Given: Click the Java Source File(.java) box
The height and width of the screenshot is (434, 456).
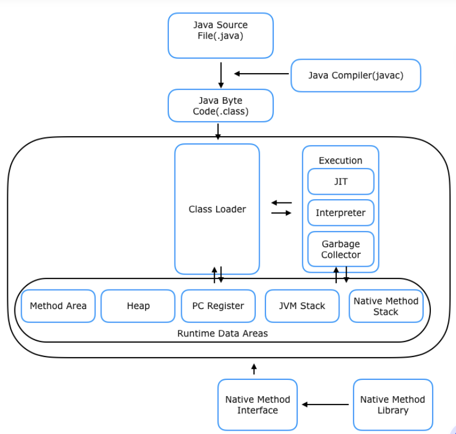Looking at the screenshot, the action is click(x=220, y=36).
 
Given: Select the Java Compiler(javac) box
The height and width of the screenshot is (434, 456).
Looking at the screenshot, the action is click(x=356, y=75).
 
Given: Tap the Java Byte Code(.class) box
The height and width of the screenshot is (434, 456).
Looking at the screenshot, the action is click(x=220, y=105).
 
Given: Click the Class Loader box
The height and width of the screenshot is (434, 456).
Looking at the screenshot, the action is click(x=217, y=209).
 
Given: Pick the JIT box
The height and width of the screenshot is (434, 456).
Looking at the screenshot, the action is click(x=341, y=182).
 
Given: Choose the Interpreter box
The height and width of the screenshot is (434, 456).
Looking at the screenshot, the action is click(x=341, y=213).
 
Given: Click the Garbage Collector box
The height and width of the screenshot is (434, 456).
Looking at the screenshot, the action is click(x=341, y=249).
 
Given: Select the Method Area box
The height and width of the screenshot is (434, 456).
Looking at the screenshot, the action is click(x=58, y=306).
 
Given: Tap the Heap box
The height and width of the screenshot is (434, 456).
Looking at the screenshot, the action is click(x=138, y=306).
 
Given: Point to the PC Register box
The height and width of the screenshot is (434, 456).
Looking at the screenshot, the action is click(x=218, y=306).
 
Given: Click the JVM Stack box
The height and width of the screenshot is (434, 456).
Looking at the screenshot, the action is click(x=302, y=306).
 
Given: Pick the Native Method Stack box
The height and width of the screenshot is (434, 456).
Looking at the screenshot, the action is click(x=386, y=306).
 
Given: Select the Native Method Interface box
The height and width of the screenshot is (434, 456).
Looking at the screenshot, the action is click(x=258, y=404).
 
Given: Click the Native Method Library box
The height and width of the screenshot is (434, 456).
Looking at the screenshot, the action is click(x=393, y=404).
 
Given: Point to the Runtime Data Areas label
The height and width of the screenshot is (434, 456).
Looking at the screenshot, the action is click(x=222, y=333).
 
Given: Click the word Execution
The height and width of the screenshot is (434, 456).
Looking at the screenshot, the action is click(x=341, y=161).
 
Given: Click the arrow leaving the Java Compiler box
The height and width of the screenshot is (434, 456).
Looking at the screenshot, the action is click(x=261, y=74).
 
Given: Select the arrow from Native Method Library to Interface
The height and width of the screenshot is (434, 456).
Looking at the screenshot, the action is click(x=325, y=404).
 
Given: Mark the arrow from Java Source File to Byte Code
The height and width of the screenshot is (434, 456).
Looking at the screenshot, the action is click(x=221, y=75).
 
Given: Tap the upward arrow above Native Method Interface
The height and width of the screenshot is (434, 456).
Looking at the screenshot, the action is click(x=254, y=369).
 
